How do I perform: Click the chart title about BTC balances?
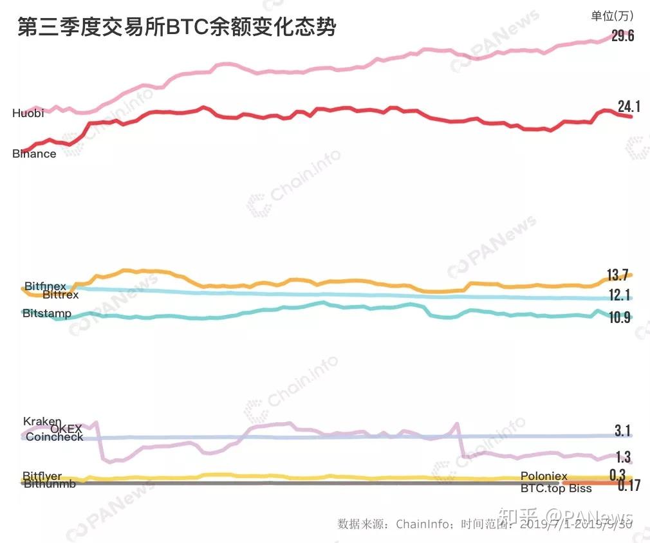176,28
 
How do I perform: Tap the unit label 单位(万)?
611,15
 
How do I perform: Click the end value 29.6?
622,36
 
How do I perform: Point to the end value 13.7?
617,275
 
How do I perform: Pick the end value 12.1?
619,295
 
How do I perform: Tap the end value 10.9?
619,317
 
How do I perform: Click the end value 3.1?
622,430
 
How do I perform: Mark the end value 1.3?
623,457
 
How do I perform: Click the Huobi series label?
28,113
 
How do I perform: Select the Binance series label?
34,154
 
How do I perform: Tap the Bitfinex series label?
46,286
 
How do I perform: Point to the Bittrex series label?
60,295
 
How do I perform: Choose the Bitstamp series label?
47,313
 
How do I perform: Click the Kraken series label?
42,421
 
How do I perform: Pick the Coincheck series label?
55,437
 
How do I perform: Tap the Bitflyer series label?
42,476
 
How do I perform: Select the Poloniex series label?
544,476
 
